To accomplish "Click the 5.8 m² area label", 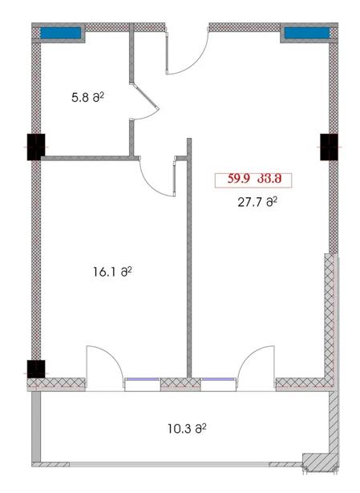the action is coord(87,97).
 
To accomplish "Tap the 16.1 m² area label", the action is coord(112,271).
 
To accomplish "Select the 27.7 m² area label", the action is coord(257,202).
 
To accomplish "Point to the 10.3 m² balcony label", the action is coord(187,429).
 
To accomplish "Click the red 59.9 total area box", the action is coord(253,180).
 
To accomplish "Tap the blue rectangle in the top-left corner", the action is coord(60,33).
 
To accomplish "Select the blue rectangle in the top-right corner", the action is coord(307,33).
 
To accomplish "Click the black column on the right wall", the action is coord(329,147).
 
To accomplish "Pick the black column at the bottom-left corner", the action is coord(36,369).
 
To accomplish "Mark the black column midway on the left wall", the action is coord(36,147).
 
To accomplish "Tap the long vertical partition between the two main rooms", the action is coord(189,258).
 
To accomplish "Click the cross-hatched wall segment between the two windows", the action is coord(180,384).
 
